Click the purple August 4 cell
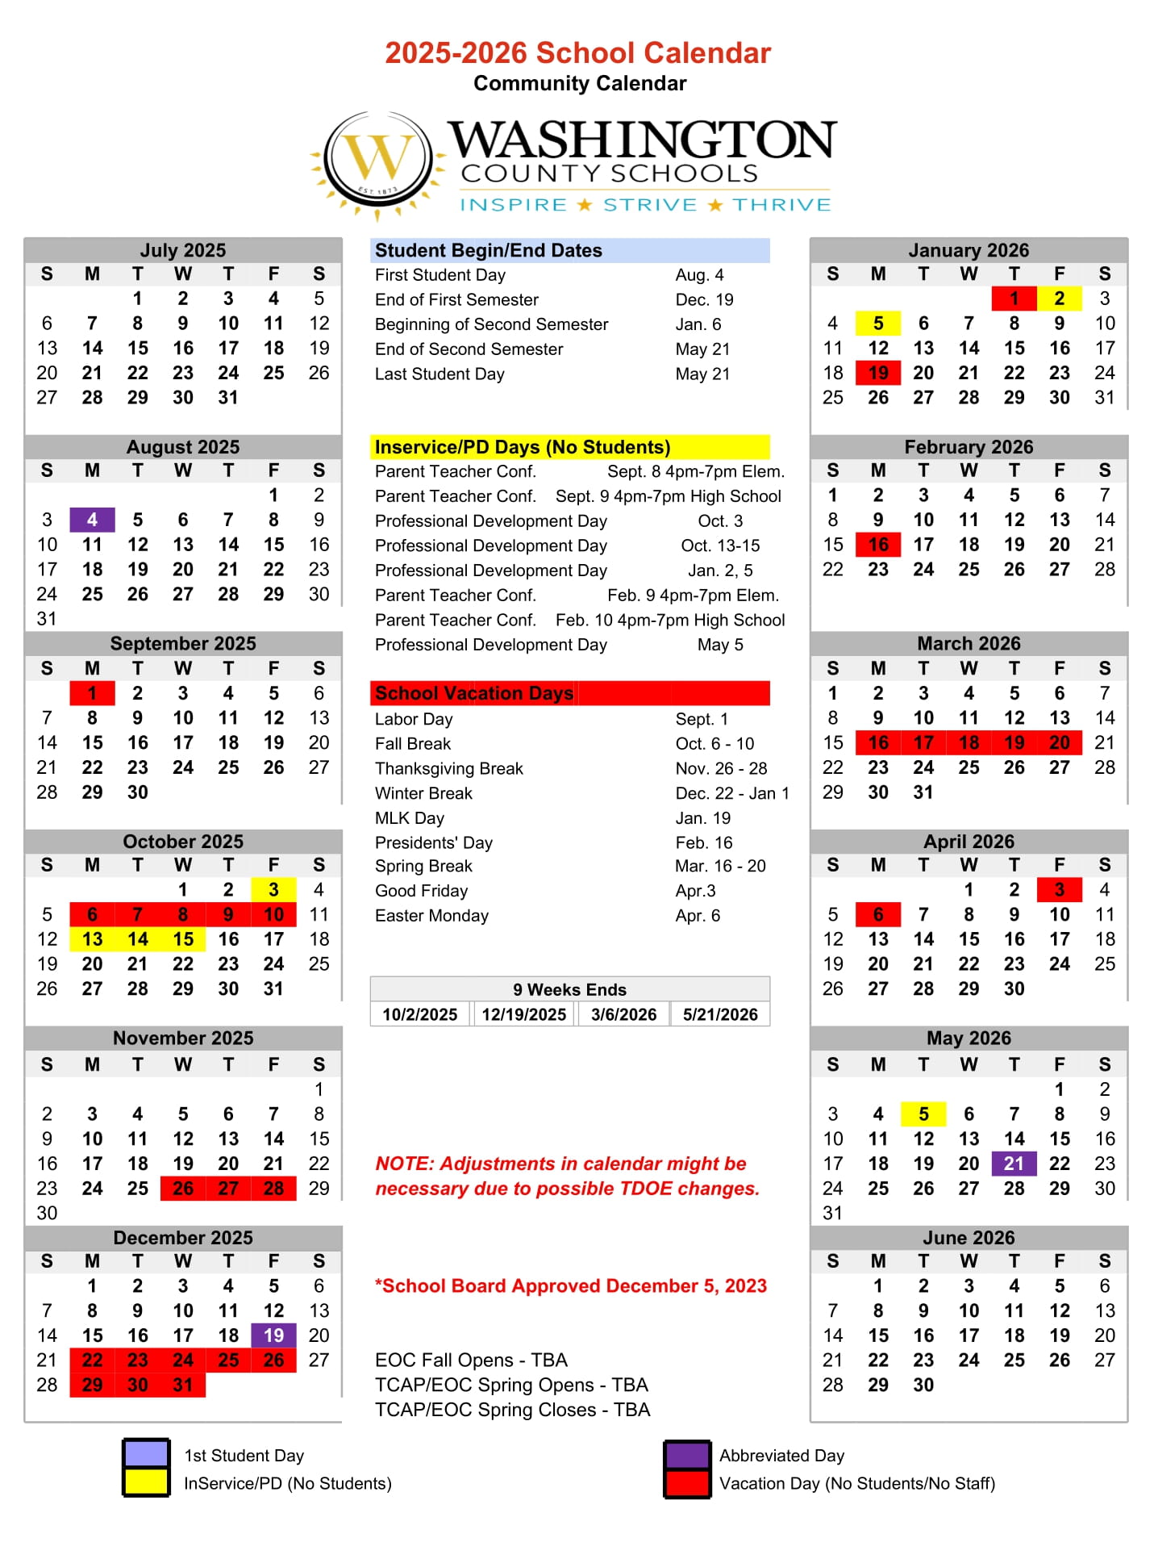[x=92, y=520]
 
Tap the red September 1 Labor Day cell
[x=92, y=693]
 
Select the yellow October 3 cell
[x=273, y=889]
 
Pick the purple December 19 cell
[x=273, y=1335]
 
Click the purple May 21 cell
[x=1014, y=1163]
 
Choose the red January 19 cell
[x=878, y=373]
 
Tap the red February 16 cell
[x=878, y=545]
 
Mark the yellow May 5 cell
[x=923, y=1114]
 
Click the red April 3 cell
[x=1059, y=889]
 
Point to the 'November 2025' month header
[x=183, y=1038]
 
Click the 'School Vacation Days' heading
[x=474, y=693]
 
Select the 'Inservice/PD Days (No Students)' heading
[x=523, y=447]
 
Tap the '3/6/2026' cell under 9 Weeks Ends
[x=623, y=1014]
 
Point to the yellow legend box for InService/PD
[x=146, y=1482]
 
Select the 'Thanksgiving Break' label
[x=449, y=768]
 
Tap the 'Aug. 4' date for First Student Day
[x=699, y=275]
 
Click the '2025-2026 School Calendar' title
[x=577, y=53]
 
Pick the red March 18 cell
[x=969, y=742]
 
